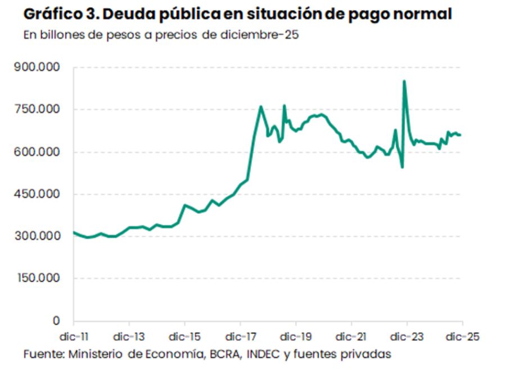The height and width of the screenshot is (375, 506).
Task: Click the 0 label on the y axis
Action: coord(56,321)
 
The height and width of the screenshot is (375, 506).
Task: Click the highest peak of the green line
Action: coord(404,82)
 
